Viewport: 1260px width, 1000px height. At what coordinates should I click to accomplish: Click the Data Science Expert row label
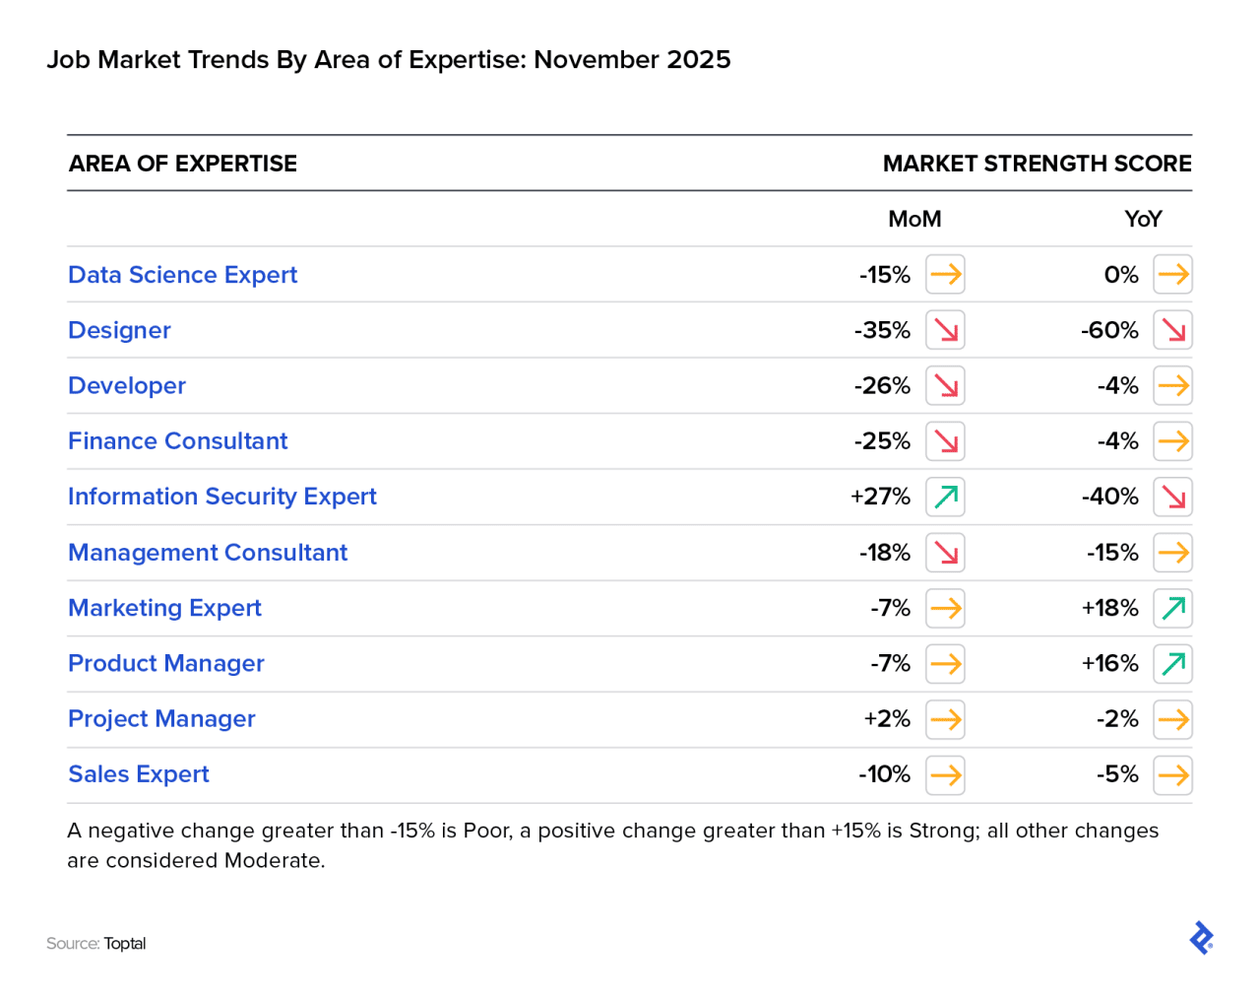[x=182, y=275]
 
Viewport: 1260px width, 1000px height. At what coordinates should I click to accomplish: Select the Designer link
[x=119, y=330]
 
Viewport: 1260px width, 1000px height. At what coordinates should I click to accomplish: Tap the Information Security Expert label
[x=221, y=497]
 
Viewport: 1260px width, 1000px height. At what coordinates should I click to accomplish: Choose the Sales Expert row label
[x=139, y=774]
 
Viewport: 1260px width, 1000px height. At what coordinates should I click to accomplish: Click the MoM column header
[x=914, y=219]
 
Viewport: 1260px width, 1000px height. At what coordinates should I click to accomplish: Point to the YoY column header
[x=1143, y=219]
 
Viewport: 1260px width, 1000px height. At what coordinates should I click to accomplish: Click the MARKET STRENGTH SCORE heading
[x=1037, y=164]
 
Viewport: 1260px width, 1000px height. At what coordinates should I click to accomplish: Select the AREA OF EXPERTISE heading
[x=182, y=164]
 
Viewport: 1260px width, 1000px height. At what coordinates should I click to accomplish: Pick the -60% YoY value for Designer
[x=1109, y=330]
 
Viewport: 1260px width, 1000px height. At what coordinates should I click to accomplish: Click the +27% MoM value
[x=880, y=497]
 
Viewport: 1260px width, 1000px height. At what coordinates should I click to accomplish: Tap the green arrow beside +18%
[x=1172, y=608]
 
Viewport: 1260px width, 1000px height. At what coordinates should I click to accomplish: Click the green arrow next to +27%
[x=945, y=497]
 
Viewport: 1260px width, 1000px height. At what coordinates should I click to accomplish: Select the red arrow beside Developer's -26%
[x=945, y=385]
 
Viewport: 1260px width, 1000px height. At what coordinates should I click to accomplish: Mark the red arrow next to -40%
[x=1172, y=497]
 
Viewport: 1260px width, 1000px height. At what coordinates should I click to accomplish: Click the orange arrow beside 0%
[x=1172, y=275]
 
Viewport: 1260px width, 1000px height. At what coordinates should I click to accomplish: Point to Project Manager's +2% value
[x=887, y=719]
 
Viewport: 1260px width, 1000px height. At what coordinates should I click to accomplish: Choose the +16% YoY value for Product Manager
[x=1109, y=663]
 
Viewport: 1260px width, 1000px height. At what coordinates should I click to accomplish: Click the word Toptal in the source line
[x=125, y=944]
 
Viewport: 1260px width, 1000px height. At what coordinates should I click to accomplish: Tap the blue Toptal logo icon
[x=1201, y=938]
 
